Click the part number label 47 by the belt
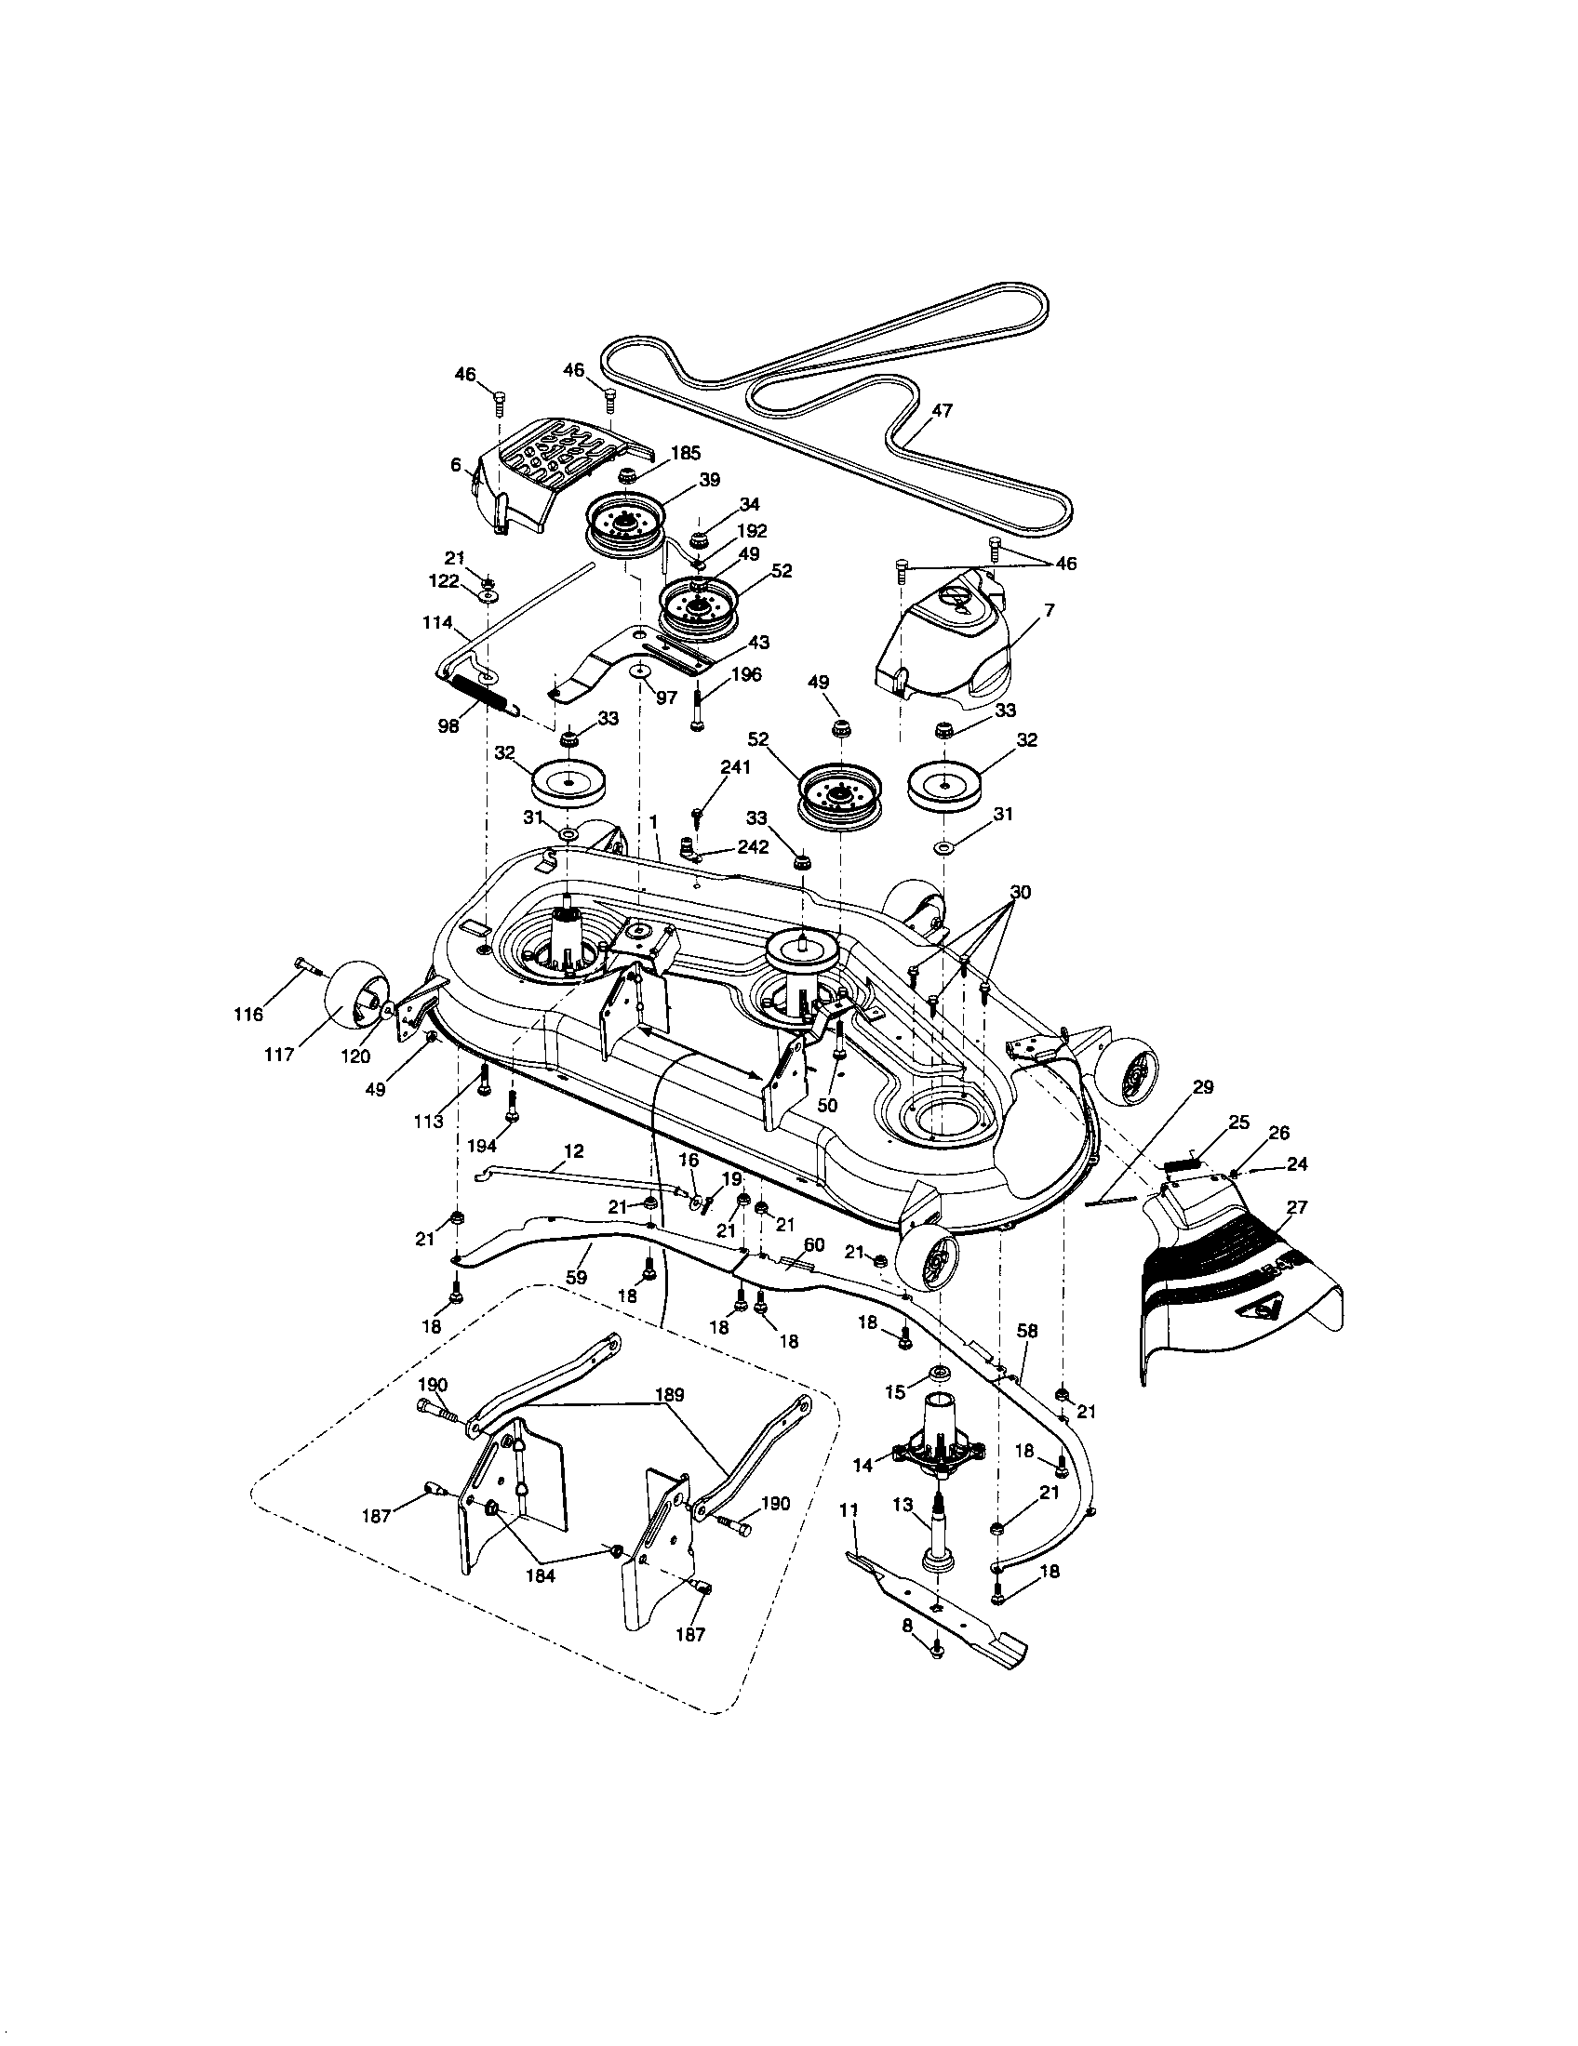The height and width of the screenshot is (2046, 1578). [x=942, y=410]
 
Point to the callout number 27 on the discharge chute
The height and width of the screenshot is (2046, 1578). [x=1297, y=1207]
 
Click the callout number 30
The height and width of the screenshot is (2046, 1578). [x=1021, y=892]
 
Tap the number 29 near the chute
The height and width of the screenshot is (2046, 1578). [x=1203, y=1086]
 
